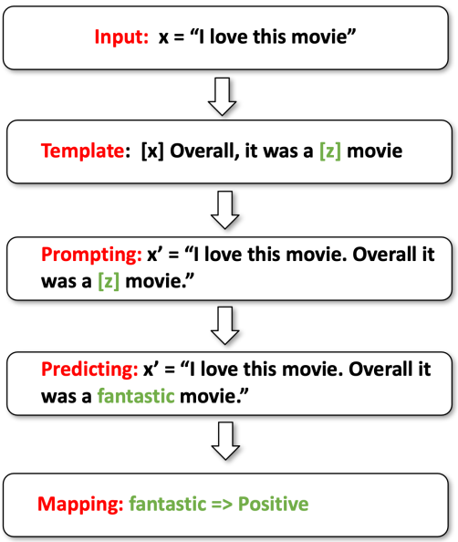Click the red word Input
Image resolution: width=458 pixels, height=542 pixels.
coord(121,37)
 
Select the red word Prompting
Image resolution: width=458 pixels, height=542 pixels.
coord(91,255)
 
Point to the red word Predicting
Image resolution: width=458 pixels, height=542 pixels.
coord(89,370)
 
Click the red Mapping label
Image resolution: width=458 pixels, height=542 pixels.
coord(80,504)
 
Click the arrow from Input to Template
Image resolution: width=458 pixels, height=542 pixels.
coord(223,97)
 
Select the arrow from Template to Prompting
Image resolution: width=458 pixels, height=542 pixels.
coord(225,210)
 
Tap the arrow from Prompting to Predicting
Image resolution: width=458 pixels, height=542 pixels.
coord(225,325)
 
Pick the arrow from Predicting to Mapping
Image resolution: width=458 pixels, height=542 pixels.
coord(225,441)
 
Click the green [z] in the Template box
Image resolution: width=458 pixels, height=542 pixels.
coord(330,151)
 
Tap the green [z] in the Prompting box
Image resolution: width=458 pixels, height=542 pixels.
coord(109,281)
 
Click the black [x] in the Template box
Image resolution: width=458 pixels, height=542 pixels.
coord(152,151)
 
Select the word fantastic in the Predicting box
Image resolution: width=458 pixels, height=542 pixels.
coord(136,396)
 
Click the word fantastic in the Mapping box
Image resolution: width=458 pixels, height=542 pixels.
coord(168,504)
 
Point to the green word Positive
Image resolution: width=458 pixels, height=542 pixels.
coord(274,504)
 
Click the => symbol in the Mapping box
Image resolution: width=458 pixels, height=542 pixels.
coord(222,505)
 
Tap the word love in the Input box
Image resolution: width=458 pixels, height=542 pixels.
coord(228,36)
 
